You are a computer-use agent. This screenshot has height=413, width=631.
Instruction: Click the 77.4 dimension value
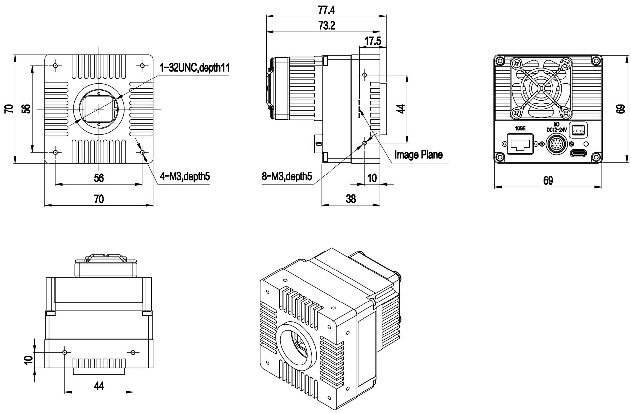pyautogui.click(x=326, y=10)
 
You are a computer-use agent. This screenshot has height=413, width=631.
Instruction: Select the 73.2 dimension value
pyautogui.click(x=327, y=26)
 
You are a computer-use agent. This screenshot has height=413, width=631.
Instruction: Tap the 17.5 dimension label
pyautogui.click(x=372, y=41)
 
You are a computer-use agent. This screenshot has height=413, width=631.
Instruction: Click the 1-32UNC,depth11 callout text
pyautogui.click(x=194, y=68)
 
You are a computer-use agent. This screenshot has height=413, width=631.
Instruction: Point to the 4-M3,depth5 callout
pyautogui.click(x=184, y=177)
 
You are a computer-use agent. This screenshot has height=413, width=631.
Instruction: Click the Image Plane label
pyautogui.click(x=418, y=154)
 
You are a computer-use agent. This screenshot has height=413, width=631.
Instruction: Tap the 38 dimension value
pyautogui.click(x=351, y=199)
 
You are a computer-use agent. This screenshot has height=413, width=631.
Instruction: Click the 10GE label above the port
pyautogui.click(x=520, y=128)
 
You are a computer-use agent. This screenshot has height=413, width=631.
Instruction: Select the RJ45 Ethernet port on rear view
pyautogui.click(x=520, y=143)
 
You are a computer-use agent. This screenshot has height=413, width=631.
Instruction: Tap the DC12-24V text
pyautogui.click(x=556, y=130)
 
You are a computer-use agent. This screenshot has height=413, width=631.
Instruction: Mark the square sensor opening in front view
pyautogui.click(x=99, y=109)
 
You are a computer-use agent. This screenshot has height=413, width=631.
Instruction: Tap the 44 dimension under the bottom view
pyautogui.click(x=99, y=385)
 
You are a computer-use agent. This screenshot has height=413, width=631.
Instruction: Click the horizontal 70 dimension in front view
pyautogui.click(x=99, y=199)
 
